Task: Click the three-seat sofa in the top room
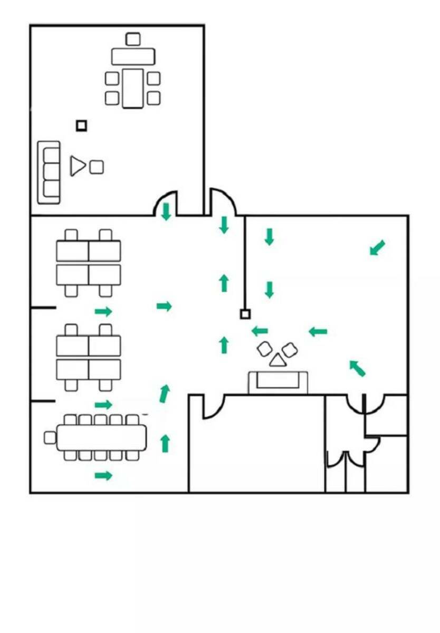[49, 172]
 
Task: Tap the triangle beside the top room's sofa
[78, 166]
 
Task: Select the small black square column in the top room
[81, 126]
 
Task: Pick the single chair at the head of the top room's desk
[133, 39]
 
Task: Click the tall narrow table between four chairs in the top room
[133, 88]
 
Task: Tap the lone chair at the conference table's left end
[50, 437]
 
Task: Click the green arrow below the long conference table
[103, 476]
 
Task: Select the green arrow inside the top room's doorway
[166, 212]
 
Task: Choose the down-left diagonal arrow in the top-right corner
[377, 247]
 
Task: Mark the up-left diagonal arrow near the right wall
[357, 368]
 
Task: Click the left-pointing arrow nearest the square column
[260, 331]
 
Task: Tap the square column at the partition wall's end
[245, 314]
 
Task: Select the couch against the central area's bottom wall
[278, 382]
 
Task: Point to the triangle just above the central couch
[277, 361]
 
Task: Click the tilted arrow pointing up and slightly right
[165, 394]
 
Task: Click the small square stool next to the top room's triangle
[97, 167]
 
